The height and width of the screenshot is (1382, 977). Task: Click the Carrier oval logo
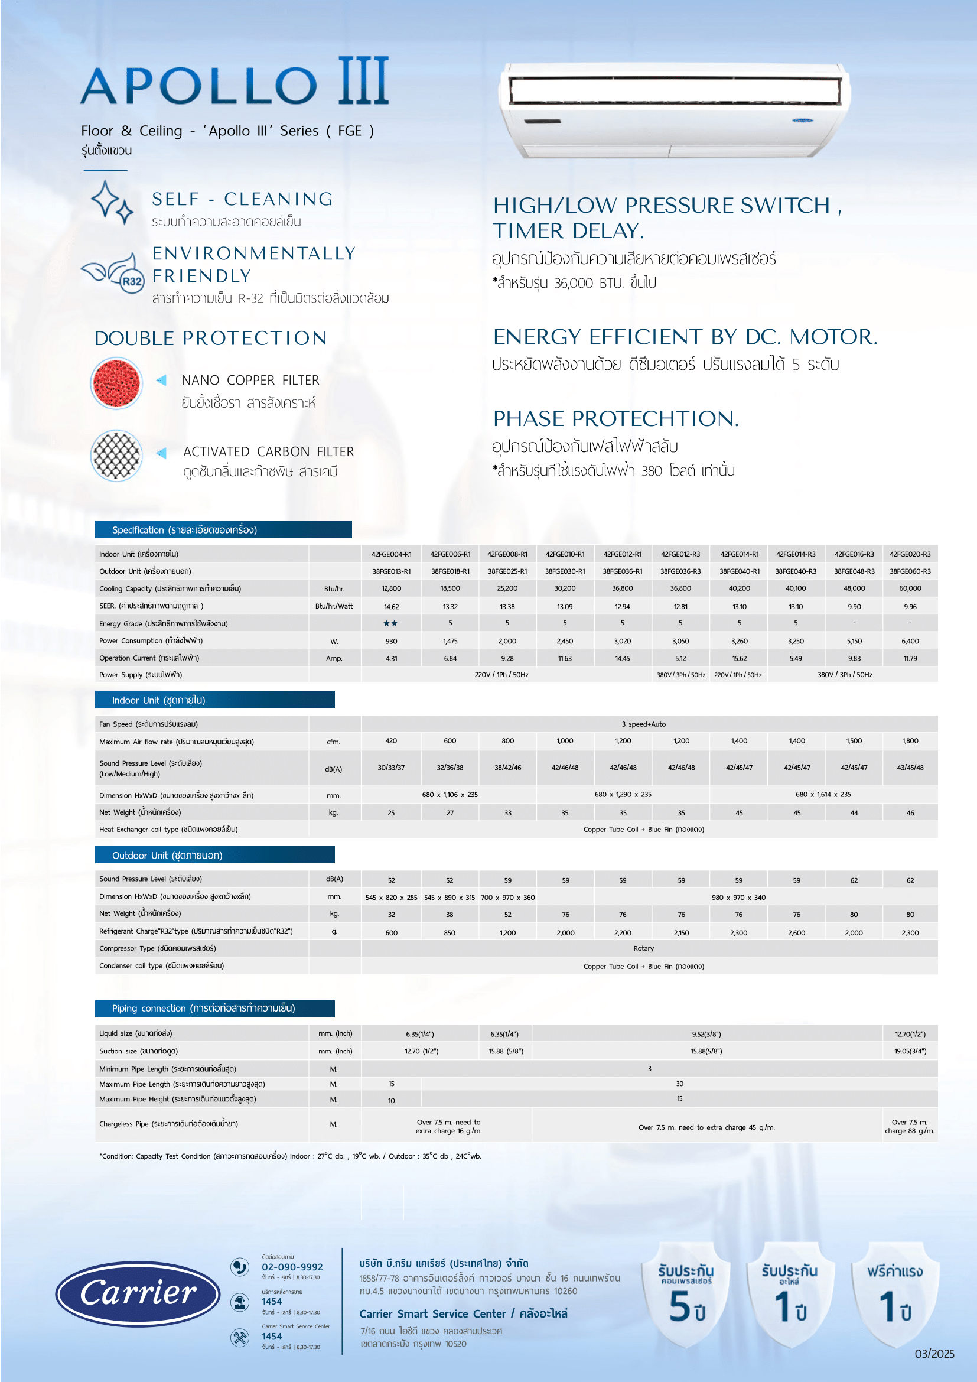(138, 1293)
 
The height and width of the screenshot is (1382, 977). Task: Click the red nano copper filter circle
(116, 383)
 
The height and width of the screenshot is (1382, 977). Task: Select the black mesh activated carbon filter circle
(116, 456)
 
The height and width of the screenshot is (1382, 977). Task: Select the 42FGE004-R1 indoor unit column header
(391, 554)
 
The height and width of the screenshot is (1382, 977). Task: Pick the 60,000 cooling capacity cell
(910, 588)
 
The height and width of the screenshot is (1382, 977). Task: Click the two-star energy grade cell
(390, 623)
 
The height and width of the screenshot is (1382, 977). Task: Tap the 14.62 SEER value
(391, 607)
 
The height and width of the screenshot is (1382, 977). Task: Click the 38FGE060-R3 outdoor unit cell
(910, 571)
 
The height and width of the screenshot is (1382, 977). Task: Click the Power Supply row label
(141, 675)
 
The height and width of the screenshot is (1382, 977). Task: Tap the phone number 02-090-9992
(292, 1267)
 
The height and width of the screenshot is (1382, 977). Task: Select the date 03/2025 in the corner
(934, 1354)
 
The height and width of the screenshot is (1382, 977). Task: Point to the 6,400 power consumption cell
(910, 641)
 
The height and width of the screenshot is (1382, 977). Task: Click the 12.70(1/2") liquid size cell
(910, 1034)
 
